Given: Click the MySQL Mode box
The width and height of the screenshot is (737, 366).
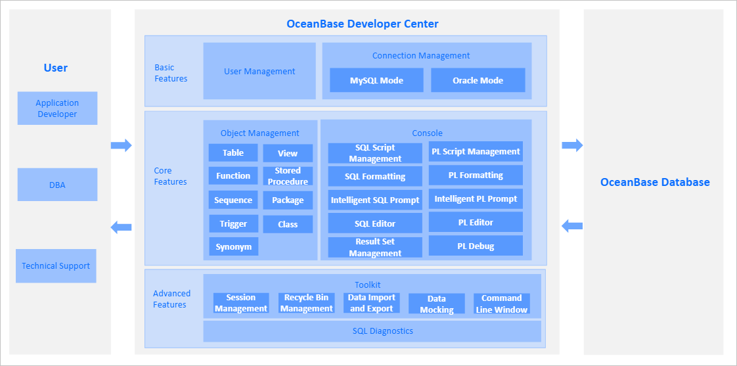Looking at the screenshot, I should (376, 80).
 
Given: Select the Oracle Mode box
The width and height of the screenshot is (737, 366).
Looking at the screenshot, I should (478, 80).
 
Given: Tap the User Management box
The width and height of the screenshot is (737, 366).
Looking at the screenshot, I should (259, 71).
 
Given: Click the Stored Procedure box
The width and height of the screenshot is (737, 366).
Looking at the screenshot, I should (288, 176).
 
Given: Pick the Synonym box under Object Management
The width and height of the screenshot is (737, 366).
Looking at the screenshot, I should (233, 247).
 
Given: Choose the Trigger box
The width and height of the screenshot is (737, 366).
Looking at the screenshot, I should (233, 223).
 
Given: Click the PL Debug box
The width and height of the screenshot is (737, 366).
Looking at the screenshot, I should (476, 246).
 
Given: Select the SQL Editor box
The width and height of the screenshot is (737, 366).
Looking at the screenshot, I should (375, 223).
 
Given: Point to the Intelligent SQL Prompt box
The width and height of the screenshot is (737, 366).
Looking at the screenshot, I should (375, 200).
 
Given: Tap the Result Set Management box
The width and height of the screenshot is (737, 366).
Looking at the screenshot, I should (375, 248).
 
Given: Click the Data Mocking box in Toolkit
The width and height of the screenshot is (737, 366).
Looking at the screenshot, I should (436, 304).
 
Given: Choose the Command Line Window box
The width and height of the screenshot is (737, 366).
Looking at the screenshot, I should (501, 304).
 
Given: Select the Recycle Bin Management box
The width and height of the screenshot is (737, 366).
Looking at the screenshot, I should (306, 303).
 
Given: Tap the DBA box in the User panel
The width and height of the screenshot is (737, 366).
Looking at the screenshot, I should (57, 185).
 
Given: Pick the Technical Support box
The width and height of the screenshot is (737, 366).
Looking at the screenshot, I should (56, 266).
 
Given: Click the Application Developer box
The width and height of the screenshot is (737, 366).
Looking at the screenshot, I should (57, 108).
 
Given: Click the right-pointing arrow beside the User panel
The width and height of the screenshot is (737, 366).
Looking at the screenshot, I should (121, 145).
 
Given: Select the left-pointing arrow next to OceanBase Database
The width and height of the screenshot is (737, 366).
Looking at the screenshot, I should (572, 226).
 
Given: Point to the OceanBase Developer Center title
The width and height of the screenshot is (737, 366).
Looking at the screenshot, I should (363, 24).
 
